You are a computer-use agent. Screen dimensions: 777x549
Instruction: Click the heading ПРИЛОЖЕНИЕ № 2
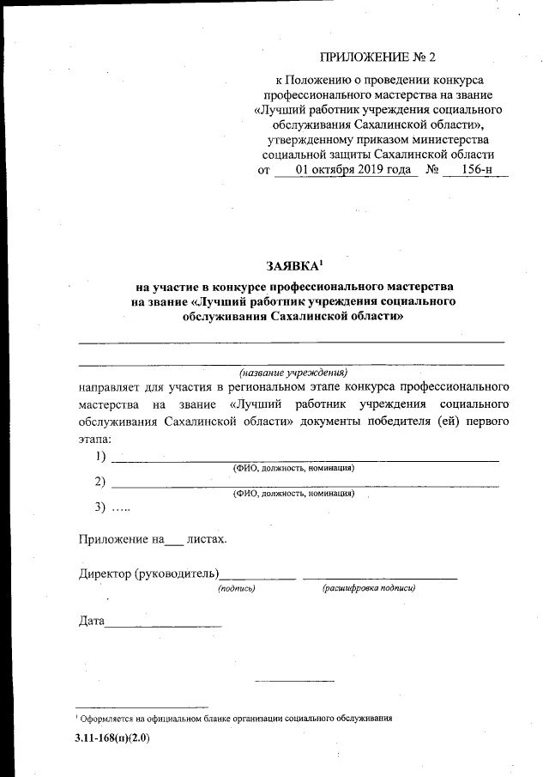[x=378, y=58]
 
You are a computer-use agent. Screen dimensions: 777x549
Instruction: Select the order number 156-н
[x=477, y=170]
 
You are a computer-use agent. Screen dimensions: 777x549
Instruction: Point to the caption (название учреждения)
[x=293, y=373]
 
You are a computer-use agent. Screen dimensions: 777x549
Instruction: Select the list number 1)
[x=101, y=456]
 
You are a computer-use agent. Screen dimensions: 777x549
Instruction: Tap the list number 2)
[x=101, y=481]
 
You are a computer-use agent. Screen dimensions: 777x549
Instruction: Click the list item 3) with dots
[x=112, y=507]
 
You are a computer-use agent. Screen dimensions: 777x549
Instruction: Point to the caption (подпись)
[x=237, y=588]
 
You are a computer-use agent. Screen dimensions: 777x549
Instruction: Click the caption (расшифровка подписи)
[x=369, y=588]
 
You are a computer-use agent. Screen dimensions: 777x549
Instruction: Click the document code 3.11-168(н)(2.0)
[x=112, y=738]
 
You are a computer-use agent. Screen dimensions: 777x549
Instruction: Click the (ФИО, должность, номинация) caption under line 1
[x=294, y=468]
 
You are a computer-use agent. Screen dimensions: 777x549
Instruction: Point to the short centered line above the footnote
[x=293, y=681]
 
